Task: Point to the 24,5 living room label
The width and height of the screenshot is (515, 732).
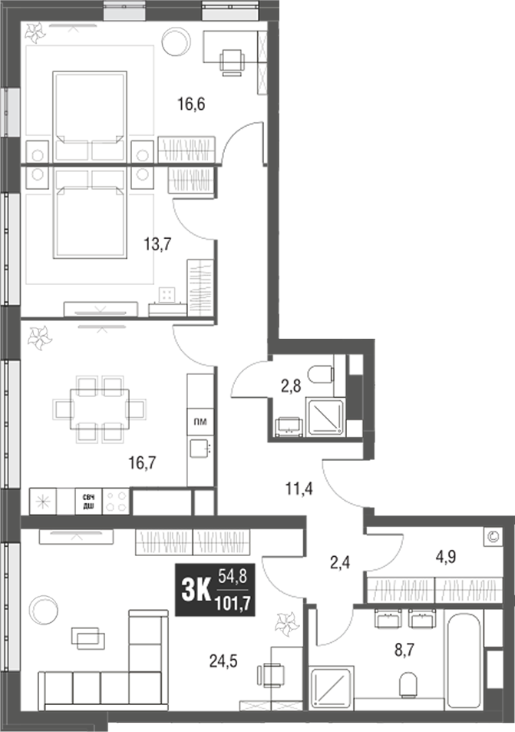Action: [226, 658]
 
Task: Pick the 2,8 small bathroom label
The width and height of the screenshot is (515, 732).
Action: [290, 386]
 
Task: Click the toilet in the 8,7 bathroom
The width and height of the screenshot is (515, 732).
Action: [409, 684]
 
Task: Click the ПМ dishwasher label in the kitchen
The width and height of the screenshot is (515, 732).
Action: [200, 421]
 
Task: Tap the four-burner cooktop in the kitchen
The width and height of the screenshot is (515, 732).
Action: [116, 502]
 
